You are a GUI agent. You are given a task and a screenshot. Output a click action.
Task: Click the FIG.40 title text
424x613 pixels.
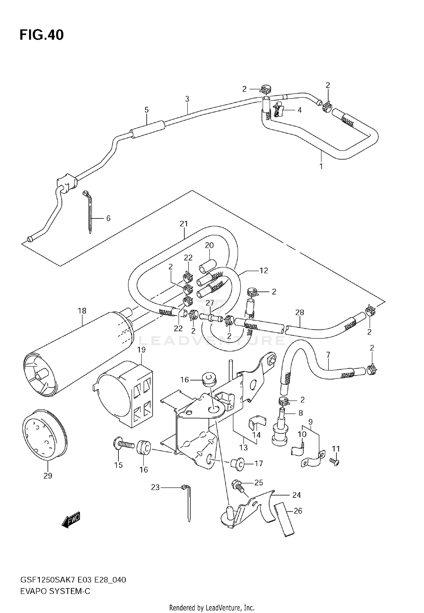click(42, 35)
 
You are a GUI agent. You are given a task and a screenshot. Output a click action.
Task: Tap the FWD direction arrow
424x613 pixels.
click(71, 520)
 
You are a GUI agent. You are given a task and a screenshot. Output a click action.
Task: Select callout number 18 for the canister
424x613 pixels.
click(82, 311)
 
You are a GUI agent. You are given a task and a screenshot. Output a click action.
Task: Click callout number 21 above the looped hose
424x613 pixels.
click(184, 224)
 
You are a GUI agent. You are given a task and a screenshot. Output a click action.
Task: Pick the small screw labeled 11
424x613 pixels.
click(334, 462)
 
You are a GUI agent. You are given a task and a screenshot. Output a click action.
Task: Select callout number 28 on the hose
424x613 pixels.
click(300, 312)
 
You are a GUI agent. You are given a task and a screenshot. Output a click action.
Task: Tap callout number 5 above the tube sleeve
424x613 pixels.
click(146, 110)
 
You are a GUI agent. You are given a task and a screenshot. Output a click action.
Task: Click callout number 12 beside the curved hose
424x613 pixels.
click(263, 270)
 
